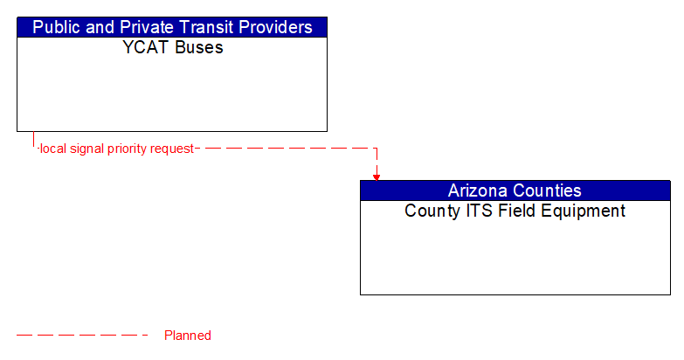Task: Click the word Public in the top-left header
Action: click(x=57, y=27)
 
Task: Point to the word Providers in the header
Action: click(x=273, y=27)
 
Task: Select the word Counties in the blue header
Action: click(x=549, y=190)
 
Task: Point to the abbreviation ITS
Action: click(x=477, y=211)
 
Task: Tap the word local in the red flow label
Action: click(x=52, y=149)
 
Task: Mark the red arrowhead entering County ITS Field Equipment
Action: click(x=377, y=177)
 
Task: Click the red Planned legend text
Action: click(x=188, y=336)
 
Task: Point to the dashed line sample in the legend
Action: click(x=83, y=335)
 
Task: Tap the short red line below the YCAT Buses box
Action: click(x=33, y=140)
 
